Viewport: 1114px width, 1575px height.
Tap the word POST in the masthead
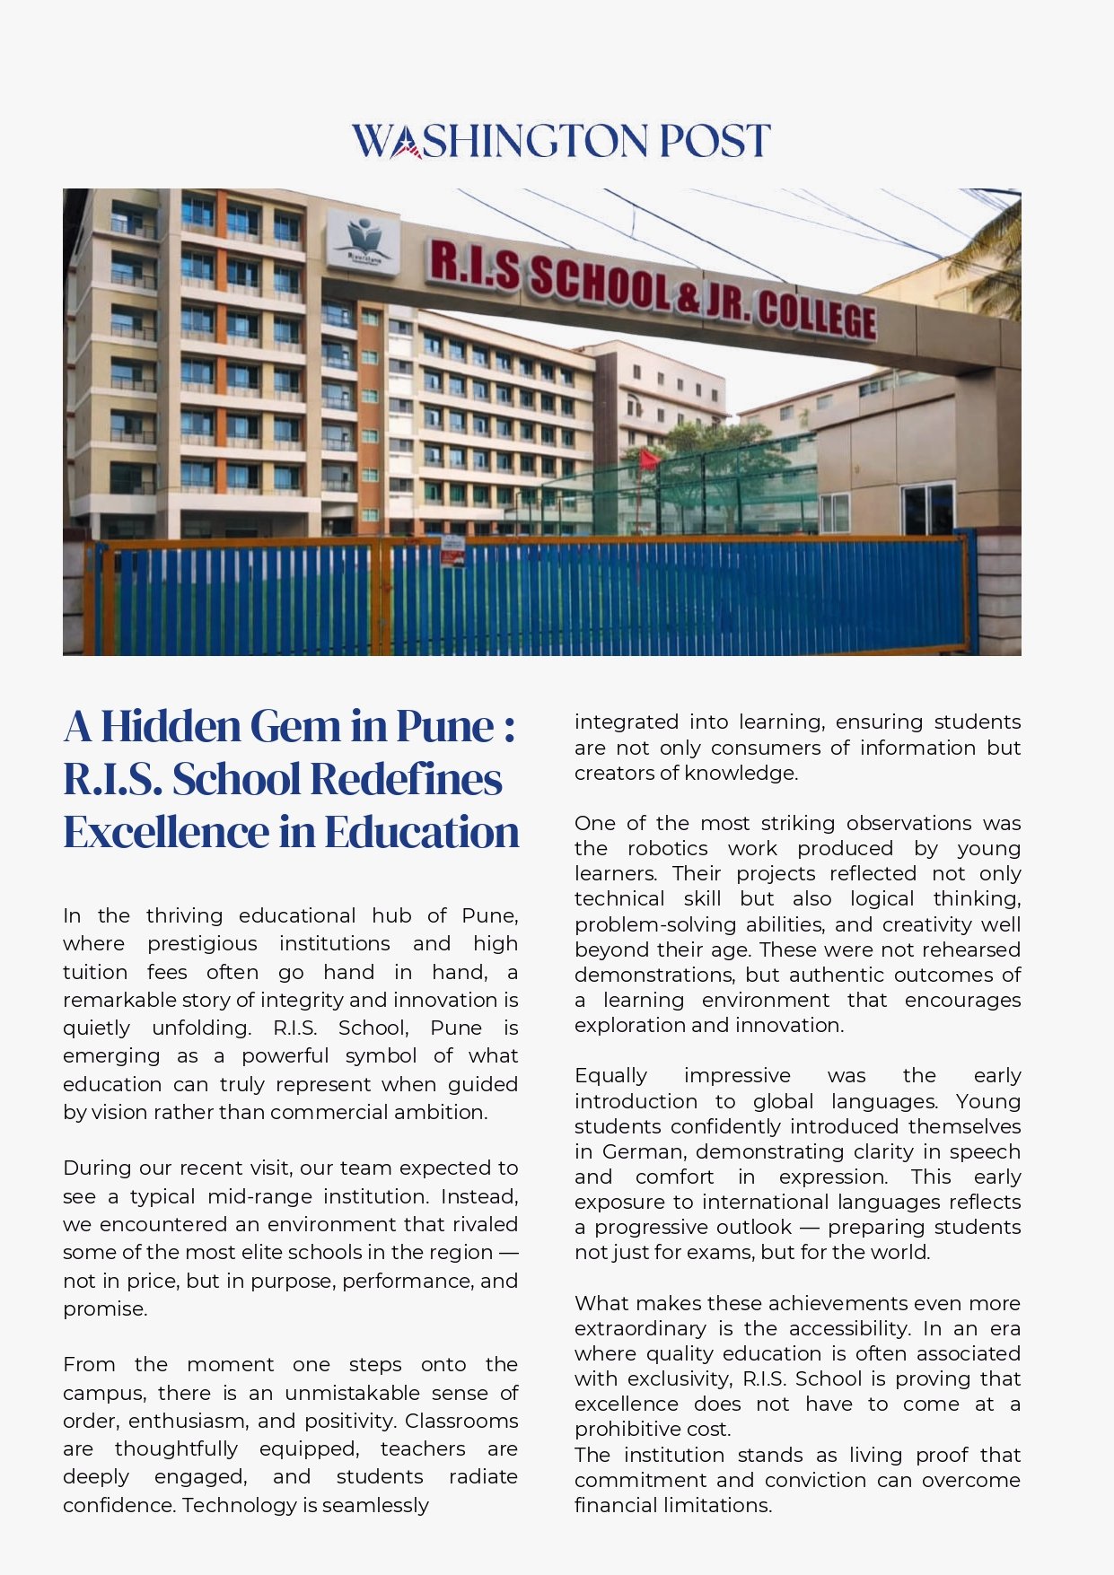[714, 141]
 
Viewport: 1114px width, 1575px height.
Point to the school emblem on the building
[364, 240]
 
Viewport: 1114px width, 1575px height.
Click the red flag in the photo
[648, 459]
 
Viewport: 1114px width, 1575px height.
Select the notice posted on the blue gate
[452, 551]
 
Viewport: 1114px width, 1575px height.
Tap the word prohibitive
[629, 1429]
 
